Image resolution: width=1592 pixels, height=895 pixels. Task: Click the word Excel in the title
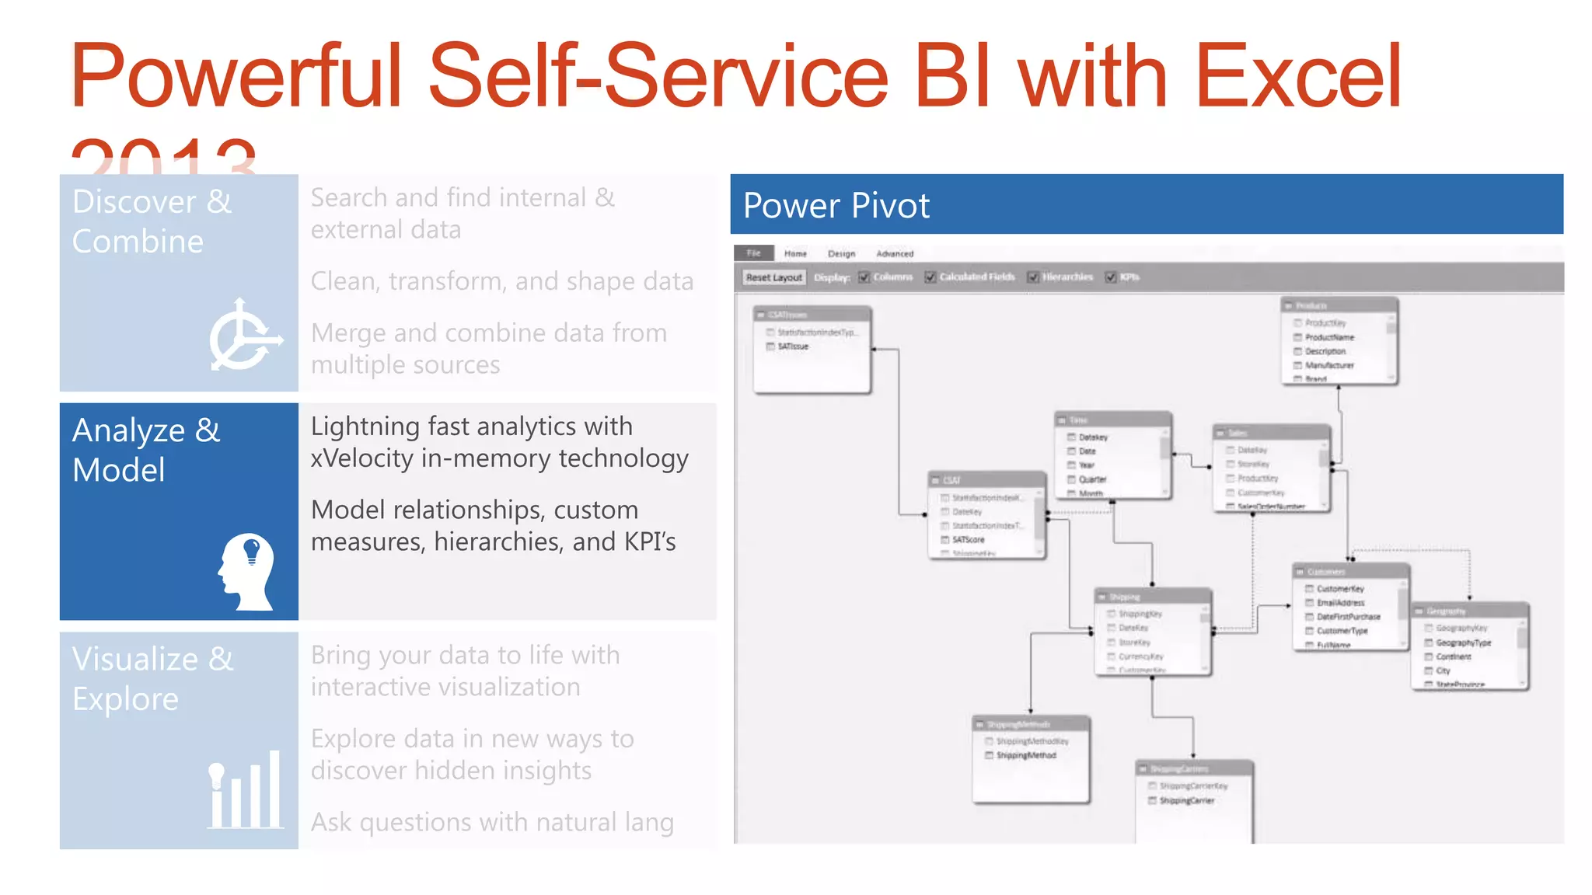(1297, 77)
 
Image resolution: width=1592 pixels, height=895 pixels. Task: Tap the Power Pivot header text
(836, 206)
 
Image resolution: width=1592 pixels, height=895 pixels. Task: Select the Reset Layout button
(773, 277)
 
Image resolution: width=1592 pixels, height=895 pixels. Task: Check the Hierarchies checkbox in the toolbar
(1033, 277)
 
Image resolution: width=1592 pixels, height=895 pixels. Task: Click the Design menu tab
(841, 254)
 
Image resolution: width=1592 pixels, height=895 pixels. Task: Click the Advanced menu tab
(895, 254)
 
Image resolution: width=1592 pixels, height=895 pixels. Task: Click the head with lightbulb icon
(246, 571)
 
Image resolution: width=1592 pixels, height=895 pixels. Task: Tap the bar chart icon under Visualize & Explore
(245, 790)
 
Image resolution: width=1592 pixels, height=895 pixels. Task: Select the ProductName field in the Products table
(1329, 337)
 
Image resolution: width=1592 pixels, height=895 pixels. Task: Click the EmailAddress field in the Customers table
(1340, 603)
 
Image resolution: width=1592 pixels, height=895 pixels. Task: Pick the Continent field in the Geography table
(1453, 656)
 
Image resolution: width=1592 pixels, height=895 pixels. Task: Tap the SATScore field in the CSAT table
(968, 539)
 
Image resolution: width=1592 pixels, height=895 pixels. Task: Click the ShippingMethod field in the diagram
(1026, 755)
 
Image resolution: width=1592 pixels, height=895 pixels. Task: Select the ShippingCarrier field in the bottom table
(1186, 800)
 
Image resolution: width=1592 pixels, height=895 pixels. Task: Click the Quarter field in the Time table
(1092, 479)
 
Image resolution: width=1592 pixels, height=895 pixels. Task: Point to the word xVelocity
(361, 458)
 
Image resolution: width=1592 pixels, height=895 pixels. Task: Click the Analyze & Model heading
(146, 450)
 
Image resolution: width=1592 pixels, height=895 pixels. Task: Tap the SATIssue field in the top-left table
(793, 347)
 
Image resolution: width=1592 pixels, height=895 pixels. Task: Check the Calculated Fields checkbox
(930, 277)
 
